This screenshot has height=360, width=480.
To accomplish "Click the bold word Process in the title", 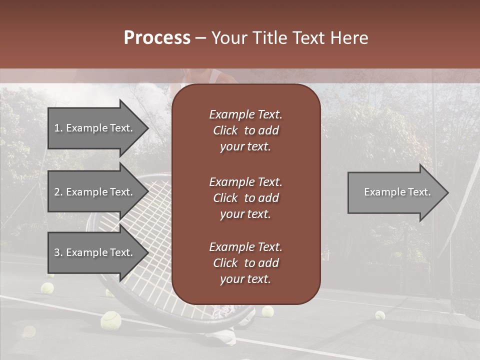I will (x=157, y=38).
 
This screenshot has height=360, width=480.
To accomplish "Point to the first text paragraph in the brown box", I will (x=245, y=130).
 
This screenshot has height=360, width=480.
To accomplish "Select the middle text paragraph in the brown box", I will (x=245, y=198).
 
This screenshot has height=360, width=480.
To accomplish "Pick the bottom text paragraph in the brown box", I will (x=245, y=263).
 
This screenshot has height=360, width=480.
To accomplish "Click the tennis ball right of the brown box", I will (x=268, y=311).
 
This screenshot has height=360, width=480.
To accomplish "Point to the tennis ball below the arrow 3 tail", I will (x=47, y=288).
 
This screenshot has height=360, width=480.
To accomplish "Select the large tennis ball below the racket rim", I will (x=110, y=320).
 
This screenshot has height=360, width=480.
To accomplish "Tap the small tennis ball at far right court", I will (x=380, y=315).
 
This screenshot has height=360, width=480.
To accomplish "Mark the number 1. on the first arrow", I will (x=58, y=128).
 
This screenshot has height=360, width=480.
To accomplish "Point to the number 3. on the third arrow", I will (x=58, y=252).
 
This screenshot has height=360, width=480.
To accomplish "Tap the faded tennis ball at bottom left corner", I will (x=28, y=331).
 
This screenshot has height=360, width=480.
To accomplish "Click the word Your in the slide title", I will (x=227, y=38).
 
